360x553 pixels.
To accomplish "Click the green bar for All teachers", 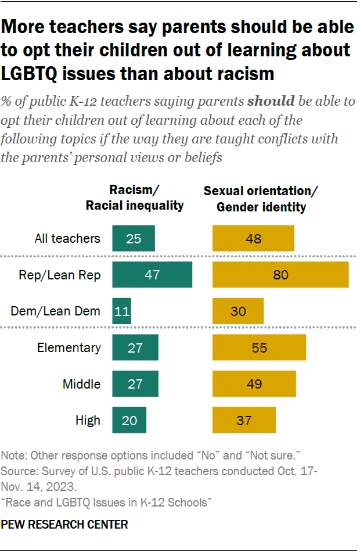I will (x=134, y=238).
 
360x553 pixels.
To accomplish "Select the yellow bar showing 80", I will (x=280, y=275).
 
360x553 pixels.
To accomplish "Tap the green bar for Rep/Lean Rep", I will (x=152, y=275).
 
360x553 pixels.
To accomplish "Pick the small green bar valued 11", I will (x=122, y=311).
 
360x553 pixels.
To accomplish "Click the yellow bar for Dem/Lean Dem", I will (x=238, y=311).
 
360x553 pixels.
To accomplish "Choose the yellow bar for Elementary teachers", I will (x=259, y=348).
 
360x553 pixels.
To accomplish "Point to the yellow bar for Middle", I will (x=254, y=384).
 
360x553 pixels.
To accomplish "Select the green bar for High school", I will (x=129, y=420).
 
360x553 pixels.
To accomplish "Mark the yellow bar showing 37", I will (x=244, y=420).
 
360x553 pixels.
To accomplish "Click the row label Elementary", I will (x=69, y=348).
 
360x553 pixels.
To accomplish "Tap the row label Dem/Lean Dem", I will (x=56, y=311).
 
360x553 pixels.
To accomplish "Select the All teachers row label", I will (x=67, y=238).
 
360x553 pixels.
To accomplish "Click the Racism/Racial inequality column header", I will (x=135, y=198).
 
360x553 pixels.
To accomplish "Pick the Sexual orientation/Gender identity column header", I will (x=261, y=198).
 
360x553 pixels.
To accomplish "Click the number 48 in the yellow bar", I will (x=253, y=239).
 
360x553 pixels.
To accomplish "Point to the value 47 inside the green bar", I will (x=152, y=275).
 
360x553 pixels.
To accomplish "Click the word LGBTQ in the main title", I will (x=35, y=74).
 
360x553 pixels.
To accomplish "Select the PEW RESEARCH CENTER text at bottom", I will (x=64, y=525).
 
